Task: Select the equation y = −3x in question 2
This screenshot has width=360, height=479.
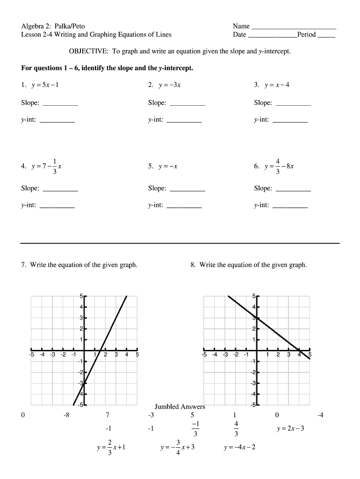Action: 170,85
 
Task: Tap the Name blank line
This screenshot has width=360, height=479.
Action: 294,27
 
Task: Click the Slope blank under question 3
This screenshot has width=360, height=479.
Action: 293,103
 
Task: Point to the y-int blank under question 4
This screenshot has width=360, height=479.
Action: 57,206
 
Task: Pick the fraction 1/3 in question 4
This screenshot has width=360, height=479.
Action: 54,167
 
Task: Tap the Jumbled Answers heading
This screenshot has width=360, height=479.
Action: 180,406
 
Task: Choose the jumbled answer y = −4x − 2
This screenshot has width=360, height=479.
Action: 239,447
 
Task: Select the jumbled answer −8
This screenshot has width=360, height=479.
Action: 67,415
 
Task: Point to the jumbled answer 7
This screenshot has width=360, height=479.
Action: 108,415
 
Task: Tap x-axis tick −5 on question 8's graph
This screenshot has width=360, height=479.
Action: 204,355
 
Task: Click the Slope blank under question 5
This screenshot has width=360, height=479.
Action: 187,189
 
